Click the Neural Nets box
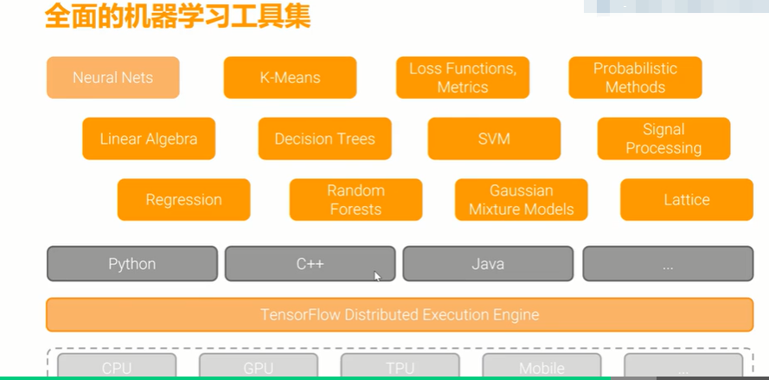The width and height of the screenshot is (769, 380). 112,78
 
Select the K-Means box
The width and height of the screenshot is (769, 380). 290,78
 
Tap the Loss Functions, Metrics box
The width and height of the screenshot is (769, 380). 463,78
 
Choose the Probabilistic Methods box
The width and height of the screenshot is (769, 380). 635,78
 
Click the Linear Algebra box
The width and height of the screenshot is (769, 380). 149,138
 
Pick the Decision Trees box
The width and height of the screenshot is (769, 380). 324,138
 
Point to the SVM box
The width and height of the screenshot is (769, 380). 494,138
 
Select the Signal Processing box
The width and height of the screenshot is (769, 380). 663,138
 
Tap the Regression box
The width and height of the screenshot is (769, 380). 184,200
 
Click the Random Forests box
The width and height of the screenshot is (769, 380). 356,200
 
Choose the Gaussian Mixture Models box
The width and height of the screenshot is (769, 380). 522,200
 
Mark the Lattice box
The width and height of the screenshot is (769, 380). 687,200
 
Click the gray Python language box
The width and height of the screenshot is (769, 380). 132,264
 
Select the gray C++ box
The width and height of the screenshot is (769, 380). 310,264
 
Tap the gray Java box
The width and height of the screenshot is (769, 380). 488,264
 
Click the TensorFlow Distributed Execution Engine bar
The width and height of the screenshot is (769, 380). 400,314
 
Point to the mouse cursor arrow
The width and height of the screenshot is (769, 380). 377,276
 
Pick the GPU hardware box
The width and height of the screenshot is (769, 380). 259,366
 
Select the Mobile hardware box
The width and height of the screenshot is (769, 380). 542,366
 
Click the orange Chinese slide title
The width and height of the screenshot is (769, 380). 177,16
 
